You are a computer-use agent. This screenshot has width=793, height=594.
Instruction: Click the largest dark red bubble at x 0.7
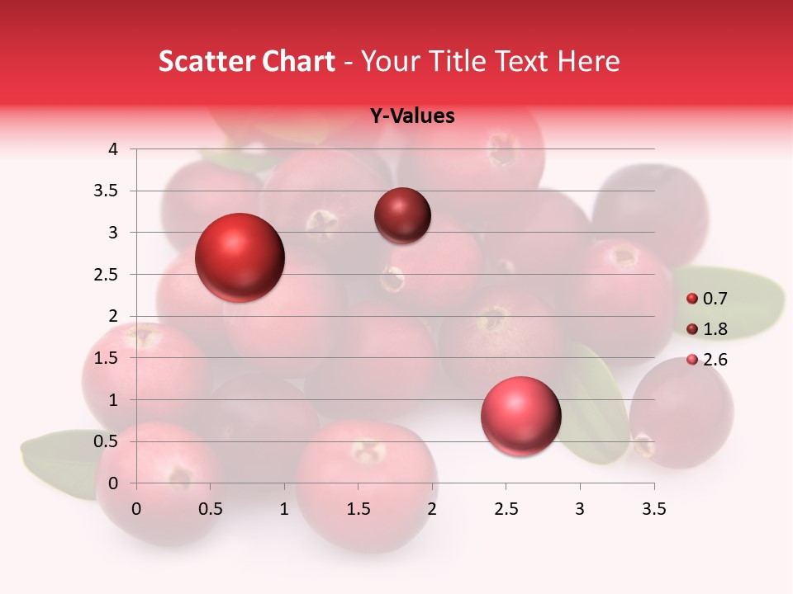240,257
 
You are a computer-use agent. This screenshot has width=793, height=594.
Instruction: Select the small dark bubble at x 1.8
402,215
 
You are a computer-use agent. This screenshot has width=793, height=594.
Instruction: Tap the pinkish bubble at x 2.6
520,416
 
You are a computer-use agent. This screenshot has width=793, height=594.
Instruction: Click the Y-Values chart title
411,116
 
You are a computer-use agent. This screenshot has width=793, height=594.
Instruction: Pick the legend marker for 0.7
692,299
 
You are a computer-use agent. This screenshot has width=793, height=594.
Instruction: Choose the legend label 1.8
715,329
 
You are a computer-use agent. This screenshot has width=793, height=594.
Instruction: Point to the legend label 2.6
715,360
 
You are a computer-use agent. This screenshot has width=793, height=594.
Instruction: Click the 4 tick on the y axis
113,149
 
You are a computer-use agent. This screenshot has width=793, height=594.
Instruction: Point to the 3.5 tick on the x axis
653,509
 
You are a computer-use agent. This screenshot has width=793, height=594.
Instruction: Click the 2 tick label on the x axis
432,509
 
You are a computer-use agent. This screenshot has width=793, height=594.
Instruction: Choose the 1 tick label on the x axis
284,509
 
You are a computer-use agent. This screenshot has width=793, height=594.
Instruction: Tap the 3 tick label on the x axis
580,509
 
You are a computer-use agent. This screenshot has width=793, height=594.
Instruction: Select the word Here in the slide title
588,61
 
